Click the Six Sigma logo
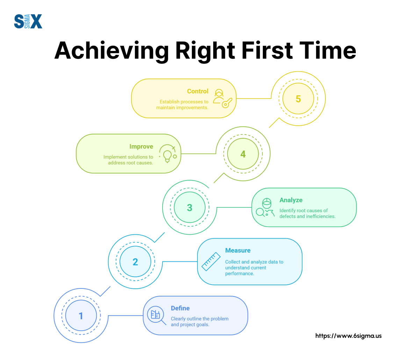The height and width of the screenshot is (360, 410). [x=28, y=21]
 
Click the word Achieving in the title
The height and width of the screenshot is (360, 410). [x=112, y=51]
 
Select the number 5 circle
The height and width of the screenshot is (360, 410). [x=298, y=99]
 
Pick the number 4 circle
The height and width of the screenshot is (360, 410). [x=243, y=154]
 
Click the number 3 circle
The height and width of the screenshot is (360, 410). [x=189, y=207]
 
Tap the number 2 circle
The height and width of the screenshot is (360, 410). [x=135, y=262]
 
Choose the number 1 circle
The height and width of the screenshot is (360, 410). [x=81, y=316]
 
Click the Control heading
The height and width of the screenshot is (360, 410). [x=198, y=91]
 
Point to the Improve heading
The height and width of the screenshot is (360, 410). [x=141, y=147]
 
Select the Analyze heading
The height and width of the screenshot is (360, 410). [x=291, y=200]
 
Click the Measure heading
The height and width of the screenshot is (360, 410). [x=238, y=251]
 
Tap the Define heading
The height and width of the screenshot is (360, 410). [x=180, y=308]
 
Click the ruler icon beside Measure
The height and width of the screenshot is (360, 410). [x=211, y=262]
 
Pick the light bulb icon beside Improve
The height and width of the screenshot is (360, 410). [x=168, y=154]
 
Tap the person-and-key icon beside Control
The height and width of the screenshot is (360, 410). [x=223, y=98]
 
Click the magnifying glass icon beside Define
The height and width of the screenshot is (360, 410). [x=157, y=315]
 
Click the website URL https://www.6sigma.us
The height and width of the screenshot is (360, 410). [x=348, y=336]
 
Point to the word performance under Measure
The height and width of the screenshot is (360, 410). [x=239, y=274]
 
